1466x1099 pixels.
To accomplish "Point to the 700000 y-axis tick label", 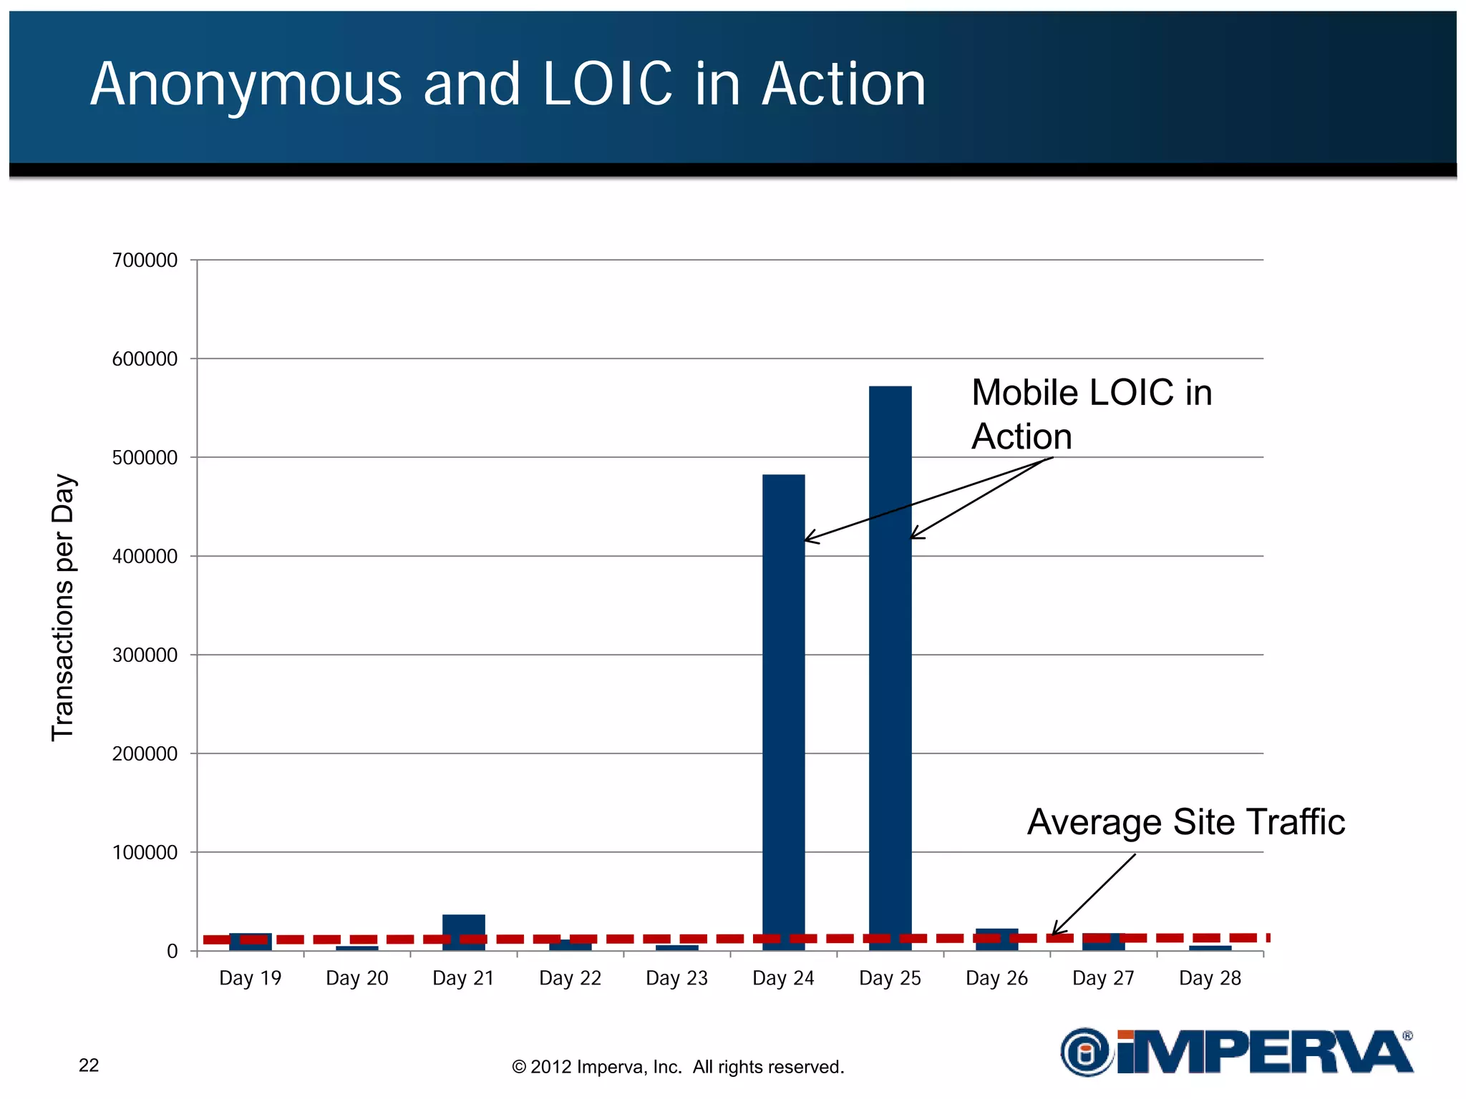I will click(145, 260).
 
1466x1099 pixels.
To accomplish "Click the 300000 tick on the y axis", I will click(145, 655).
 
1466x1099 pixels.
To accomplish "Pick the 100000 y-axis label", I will click(145, 853).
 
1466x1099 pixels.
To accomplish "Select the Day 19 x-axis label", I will click(250, 978).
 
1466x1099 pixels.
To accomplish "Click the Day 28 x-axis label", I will click(1210, 978).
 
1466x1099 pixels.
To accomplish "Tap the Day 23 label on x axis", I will click(676, 978).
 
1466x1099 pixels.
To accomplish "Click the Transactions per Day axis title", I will click(63, 607).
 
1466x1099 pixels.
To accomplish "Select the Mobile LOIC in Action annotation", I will click(1091, 414).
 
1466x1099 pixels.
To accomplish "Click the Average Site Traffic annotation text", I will click(1185, 821).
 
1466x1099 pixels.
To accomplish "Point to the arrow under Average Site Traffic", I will click(1094, 894).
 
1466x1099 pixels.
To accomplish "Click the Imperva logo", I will click(1236, 1052).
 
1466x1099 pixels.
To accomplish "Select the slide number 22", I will click(89, 1065).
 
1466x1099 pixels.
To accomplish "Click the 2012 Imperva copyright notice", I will click(678, 1067).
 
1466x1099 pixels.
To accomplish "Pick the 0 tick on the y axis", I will click(172, 952).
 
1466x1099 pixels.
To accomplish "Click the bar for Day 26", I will click(996, 940).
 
